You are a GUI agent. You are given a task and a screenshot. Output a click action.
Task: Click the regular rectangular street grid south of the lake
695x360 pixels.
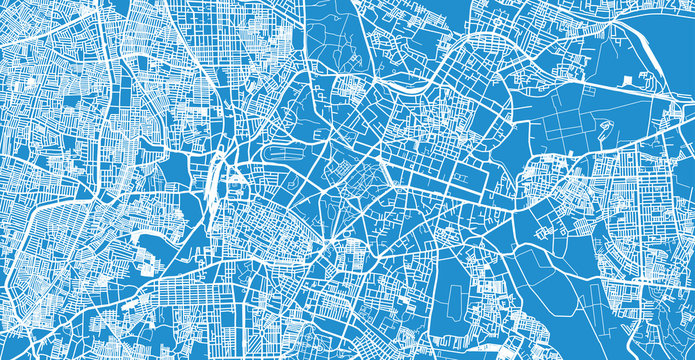185,290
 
